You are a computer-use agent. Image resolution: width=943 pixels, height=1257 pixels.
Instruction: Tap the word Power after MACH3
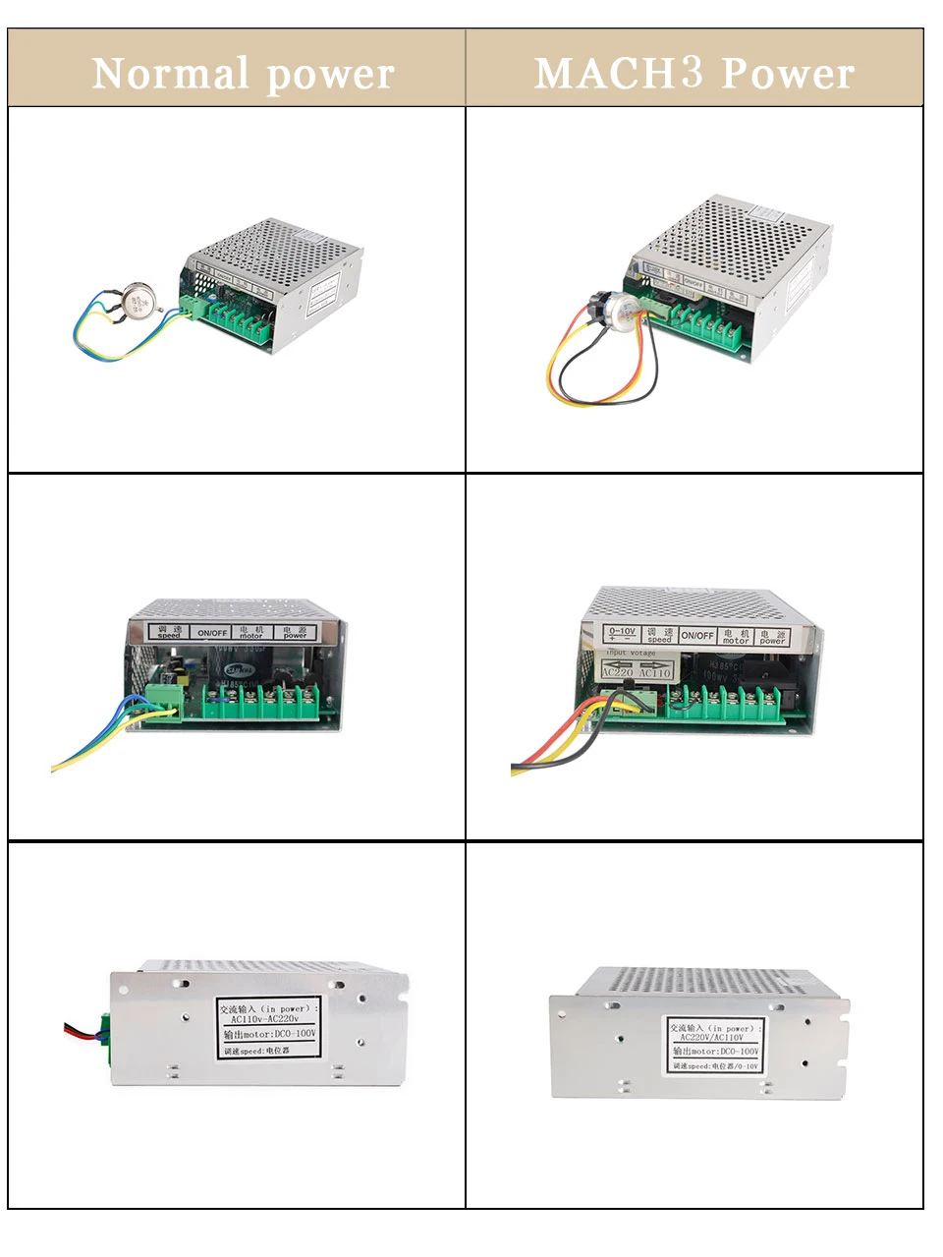pyautogui.click(x=787, y=74)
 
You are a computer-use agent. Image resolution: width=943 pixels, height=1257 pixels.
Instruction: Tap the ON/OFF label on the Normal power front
pyautogui.click(x=212, y=632)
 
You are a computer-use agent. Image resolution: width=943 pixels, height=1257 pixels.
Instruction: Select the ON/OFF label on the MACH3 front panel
pyautogui.click(x=697, y=636)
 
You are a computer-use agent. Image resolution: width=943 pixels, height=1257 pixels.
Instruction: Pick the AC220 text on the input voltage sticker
pyautogui.click(x=618, y=672)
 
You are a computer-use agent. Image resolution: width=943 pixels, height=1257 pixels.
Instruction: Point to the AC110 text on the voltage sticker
pyautogui.click(x=655, y=672)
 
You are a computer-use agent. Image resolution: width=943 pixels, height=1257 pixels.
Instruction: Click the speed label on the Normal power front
pyautogui.click(x=169, y=632)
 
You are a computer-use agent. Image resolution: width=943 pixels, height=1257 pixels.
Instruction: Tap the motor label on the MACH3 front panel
pyautogui.click(x=736, y=636)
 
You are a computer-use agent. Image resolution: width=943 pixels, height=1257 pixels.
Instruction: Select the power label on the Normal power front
pyautogui.click(x=295, y=632)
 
